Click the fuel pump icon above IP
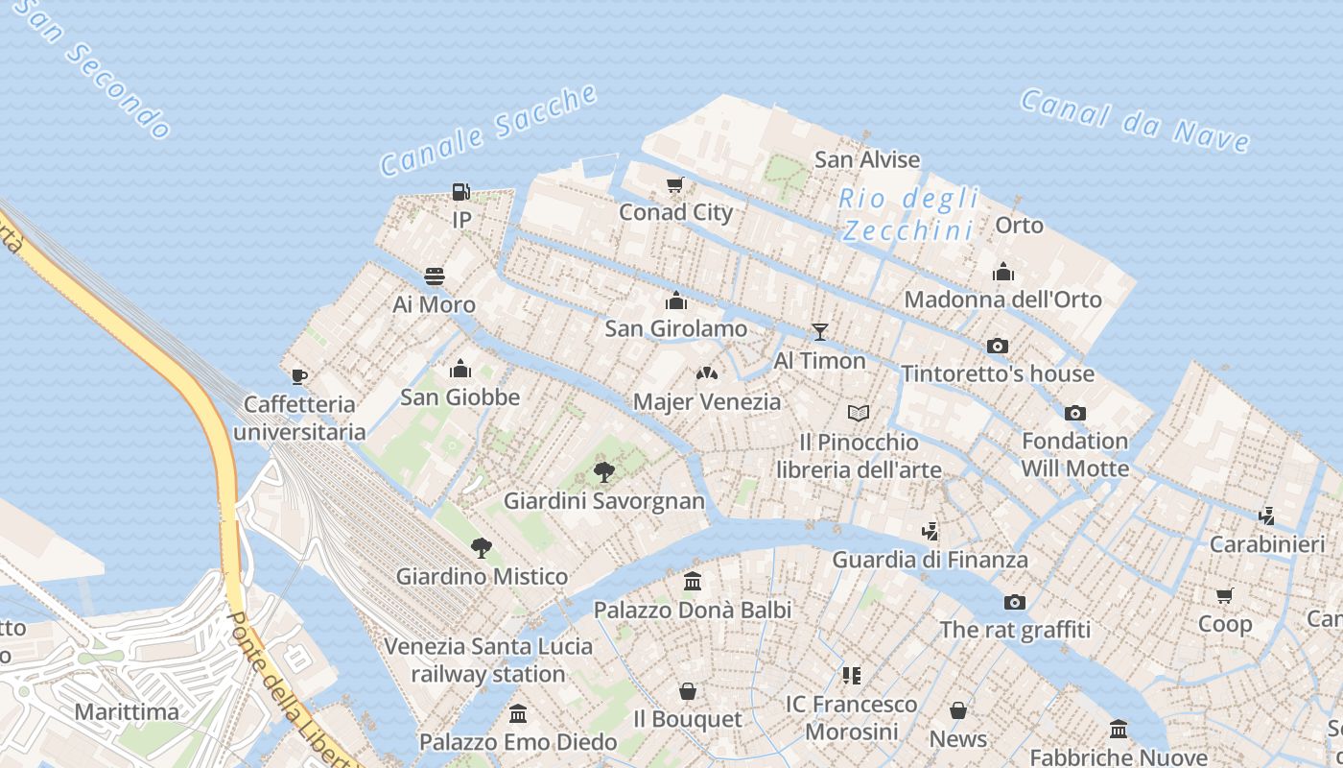click(461, 192)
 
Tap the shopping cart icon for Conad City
click(675, 185)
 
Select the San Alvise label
click(867, 159)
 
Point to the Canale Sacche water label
click(488, 131)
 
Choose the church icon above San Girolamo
click(675, 301)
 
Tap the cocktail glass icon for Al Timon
click(819, 332)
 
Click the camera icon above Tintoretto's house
click(998, 346)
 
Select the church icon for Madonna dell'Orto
click(1003, 272)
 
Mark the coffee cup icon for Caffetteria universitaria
click(299, 376)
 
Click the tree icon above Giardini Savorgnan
click(603, 472)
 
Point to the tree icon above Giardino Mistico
click(482, 548)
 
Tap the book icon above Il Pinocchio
click(859, 414)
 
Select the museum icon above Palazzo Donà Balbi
click(693, 582)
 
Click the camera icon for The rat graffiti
click(1015, 602)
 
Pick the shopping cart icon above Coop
click(1225, 596)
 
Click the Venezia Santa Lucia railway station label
click(488, 660)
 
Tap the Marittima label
click(127, 711)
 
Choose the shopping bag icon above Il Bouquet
click(688, 691)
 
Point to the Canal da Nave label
click(1135, 120)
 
